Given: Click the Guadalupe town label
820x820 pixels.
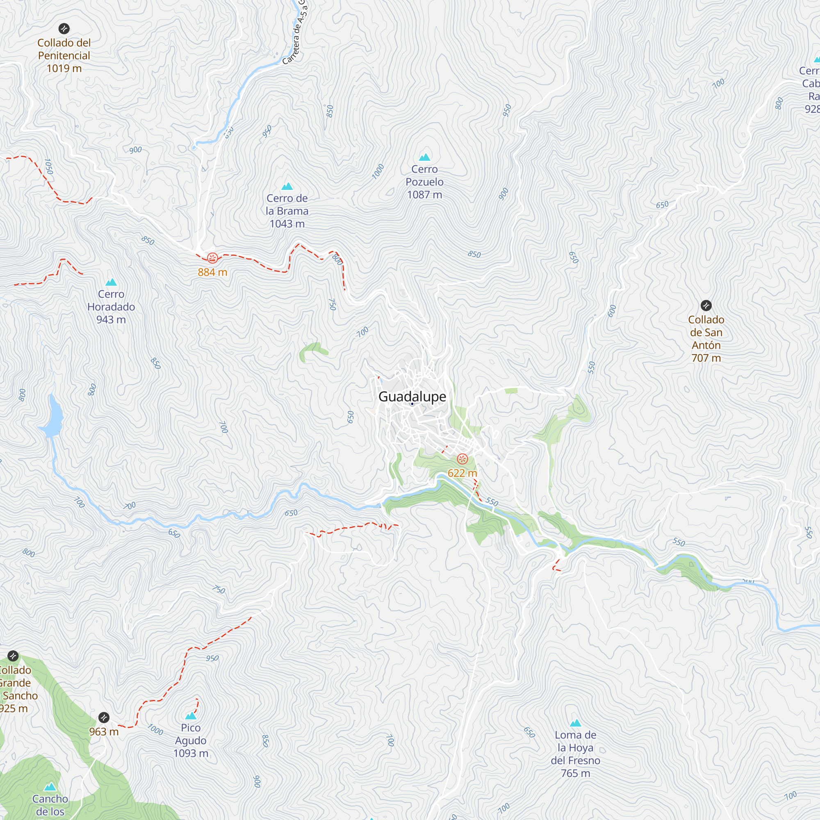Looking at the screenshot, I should tap(412, 396).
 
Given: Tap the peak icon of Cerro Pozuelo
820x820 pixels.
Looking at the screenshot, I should tap(424, 157).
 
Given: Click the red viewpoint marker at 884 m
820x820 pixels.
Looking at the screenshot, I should tap(213, 257).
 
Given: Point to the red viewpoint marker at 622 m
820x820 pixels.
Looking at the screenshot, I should tap(462, 459).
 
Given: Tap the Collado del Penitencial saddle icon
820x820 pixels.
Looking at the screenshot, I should tap(64, 28).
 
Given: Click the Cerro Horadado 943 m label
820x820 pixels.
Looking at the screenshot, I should tap(111, 306).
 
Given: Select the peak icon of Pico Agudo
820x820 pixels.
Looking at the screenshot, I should tap(191, 716).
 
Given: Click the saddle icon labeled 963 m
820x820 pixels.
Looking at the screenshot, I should tap(104, 718).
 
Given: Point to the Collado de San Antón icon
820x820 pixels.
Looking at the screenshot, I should tap(706, 305).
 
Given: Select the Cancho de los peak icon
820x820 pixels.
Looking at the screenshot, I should tap(50, 787).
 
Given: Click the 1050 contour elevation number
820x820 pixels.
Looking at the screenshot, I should tap(49, 167).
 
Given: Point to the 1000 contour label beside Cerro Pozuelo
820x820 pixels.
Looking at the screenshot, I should tap(378, 171).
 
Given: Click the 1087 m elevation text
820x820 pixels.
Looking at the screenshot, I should tap(424, 195).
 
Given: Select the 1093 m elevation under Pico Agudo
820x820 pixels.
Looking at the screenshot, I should tap(191, 753).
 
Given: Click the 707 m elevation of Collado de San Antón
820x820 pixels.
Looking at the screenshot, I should tap(706, 358).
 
